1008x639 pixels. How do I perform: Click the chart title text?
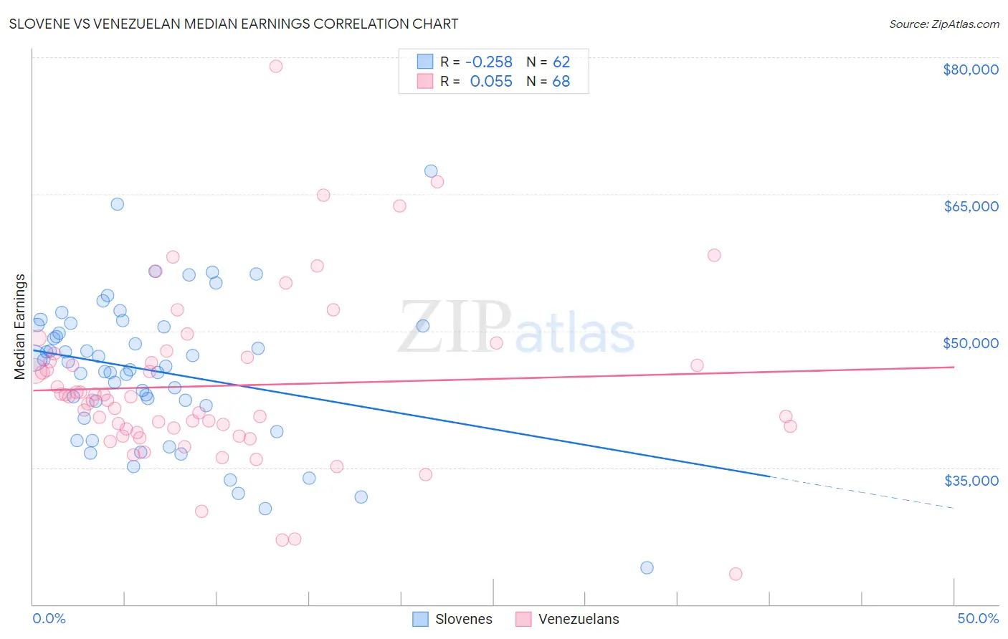[x=233, y=24]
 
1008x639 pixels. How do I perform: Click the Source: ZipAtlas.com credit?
[x=943, y=24]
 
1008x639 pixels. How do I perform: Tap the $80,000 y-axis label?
[x=970, y=69]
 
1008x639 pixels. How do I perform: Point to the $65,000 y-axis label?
[x=970, y=206]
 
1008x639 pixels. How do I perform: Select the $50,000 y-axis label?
[x=970, y=343]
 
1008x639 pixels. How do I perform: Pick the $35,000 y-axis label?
[x=971, y=480]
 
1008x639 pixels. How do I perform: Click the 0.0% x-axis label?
[x=49, y=618]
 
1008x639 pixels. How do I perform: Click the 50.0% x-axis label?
[x=977, y=618]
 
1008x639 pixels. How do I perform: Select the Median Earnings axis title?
[x=20, y=326]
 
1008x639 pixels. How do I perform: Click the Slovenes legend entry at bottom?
[x=463, y=619]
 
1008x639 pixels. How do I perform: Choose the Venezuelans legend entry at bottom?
[x=578, y=619]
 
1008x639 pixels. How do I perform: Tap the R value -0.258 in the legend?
[x=489, y=62]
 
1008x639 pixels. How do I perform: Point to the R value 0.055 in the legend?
[x=491, y=81]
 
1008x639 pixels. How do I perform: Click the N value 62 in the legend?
[x=561, y=62]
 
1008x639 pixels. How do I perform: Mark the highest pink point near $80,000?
[x=275, y=66]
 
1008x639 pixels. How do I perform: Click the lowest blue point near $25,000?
[x=647, y=567]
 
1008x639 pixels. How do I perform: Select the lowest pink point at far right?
[x=735, y=574]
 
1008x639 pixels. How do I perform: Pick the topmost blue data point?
[x=431, y=170]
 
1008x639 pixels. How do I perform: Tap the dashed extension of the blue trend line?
[x=860, y=492]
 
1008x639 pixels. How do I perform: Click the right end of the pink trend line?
[x=953, y=367]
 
